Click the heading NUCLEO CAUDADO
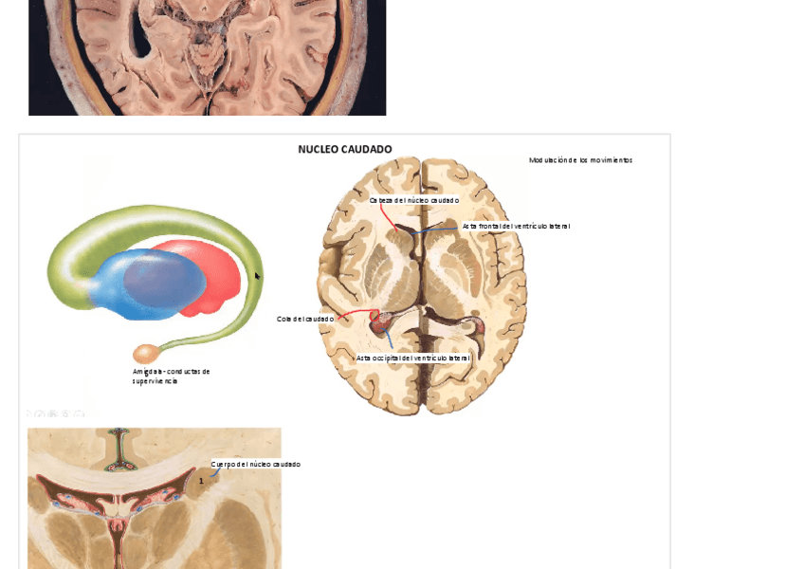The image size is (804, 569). point(344,149)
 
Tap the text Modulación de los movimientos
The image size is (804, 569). point(580,160)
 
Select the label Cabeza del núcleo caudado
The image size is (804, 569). point(414,200)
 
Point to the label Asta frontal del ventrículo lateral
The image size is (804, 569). point(516,226)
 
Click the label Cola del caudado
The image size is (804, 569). point(305,319)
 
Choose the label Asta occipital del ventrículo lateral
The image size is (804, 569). point(412,358)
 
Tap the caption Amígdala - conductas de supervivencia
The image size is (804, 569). point(171,376)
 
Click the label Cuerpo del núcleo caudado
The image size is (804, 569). point(255,464)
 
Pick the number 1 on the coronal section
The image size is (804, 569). point(201,481)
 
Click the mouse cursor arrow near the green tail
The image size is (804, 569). point(257,276)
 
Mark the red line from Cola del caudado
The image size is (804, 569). point(355,313)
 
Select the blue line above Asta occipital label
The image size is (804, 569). point(389,340)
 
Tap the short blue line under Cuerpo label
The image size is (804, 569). point(216,472)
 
